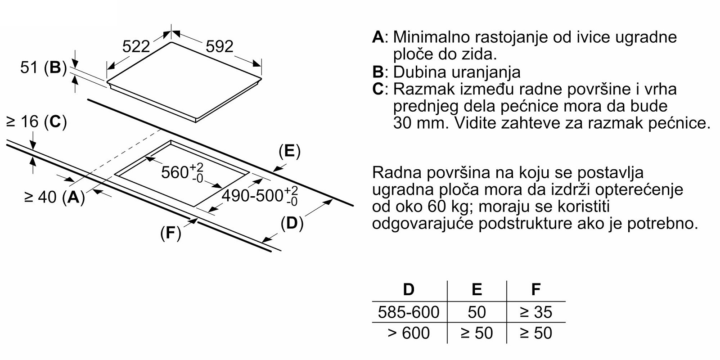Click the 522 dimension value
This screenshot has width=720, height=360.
(136, 47)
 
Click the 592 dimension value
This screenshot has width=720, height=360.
(219, 47)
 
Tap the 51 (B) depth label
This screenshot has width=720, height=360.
(43, 67)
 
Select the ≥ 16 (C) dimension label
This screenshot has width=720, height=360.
(36, 122)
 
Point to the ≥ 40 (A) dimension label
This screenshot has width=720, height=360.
(54, 197)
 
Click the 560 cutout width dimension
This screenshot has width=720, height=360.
(182, 173)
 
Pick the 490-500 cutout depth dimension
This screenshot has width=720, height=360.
(260, 196)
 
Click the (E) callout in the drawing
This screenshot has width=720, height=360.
(290, 151)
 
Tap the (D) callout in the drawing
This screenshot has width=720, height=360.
(292, 223)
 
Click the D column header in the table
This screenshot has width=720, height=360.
(409, 289)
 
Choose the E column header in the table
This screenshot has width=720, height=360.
(477, 289)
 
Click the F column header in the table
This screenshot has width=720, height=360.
(536, 289)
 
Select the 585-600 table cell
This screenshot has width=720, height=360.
(409, 312)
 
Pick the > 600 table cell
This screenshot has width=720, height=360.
(409, 333)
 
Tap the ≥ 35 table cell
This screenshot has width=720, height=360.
(536, 312)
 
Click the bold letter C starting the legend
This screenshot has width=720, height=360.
(378, 89)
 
